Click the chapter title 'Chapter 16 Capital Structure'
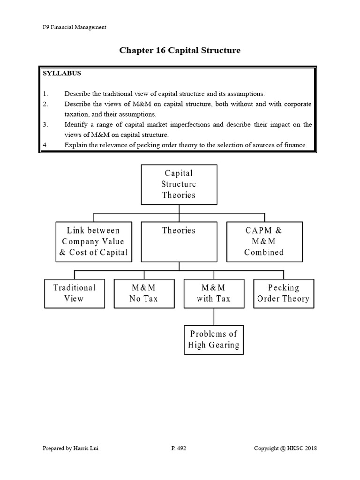click(x=180, y=50)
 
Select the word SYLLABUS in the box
click(x=62, y=74)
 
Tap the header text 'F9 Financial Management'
click(x=75, y=27)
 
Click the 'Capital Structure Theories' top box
click(x=179, y=184)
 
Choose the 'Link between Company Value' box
click(x=93, y=241)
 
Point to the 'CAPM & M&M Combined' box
click(x=263, y=241)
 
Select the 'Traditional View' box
click(x=74, y=293)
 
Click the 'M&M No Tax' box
click(x=144, y=293)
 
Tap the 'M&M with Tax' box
click(x=214, y=293)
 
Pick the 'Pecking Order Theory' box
click(x=284, y=293)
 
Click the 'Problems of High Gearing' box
click(x=214, y=339)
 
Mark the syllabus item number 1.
click(x=45, y=94)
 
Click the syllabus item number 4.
click(x=45, y=145)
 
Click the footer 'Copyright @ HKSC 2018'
click(x=285, y=449)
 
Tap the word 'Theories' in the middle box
click(x=179, y=231)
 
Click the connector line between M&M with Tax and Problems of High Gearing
click(x=214, y=316)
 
